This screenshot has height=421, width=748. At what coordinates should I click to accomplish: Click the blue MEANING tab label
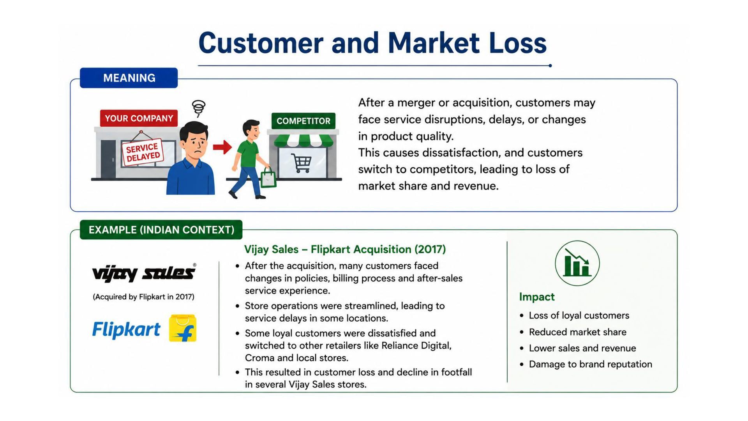(x=129, y=78)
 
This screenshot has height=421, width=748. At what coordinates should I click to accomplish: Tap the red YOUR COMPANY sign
(x=139, y=118)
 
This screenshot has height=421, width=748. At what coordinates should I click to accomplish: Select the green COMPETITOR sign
(x=303, y=121)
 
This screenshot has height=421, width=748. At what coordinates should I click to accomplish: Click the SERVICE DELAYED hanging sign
(x=143, y=152)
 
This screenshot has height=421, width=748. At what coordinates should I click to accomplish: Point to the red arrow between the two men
(x=222, y=147)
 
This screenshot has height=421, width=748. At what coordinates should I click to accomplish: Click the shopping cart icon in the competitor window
(x=302, y=163)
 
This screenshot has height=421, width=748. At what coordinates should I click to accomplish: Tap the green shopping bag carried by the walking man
(x=268, y=178)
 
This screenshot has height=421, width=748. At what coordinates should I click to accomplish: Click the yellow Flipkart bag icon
(x=183, y=328)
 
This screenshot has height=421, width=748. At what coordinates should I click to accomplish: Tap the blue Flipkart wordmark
(x=126, y=330)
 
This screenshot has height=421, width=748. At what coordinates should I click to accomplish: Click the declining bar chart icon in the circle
(x=577, y=263)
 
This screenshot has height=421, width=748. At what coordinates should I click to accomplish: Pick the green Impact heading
(x=536, y=297)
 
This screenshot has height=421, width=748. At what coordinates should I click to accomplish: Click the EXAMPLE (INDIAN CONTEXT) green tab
(x=161, y=230)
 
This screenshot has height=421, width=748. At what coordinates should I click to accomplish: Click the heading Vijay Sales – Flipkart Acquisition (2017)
(x=345, y=249)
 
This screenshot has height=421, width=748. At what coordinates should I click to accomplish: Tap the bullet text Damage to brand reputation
(x=590, y=364)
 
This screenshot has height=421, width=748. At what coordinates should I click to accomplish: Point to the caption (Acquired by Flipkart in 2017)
(x=143, y=297)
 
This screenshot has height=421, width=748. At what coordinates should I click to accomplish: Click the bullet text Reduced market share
(x=577, y=332)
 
